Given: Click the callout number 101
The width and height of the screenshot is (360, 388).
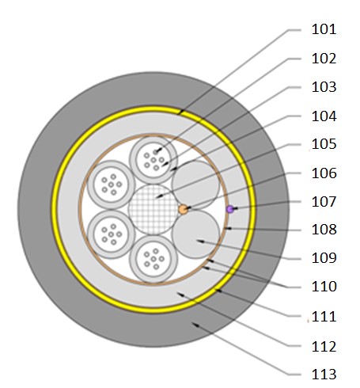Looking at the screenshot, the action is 324,29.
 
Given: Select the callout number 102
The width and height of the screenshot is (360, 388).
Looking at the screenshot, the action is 324,59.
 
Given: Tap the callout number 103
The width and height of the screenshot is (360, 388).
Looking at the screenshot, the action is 324,87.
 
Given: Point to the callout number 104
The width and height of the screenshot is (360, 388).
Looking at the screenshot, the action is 324,116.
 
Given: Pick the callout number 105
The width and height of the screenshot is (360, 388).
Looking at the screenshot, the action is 324,144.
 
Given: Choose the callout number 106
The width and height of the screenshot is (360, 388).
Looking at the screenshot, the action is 324,173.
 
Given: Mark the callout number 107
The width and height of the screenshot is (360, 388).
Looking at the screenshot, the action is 324,202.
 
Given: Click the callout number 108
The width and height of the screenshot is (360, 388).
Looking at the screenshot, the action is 324,230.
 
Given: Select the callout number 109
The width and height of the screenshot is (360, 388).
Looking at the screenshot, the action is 324,258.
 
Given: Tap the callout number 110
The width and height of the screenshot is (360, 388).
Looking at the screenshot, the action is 324,287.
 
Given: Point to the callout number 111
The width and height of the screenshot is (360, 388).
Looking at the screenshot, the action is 324,317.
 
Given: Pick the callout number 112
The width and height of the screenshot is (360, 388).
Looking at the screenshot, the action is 324,347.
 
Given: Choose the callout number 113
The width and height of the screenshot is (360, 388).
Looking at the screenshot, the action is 324,375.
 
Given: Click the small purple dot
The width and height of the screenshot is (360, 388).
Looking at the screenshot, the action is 230,209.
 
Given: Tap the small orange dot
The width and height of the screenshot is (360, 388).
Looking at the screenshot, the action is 183,210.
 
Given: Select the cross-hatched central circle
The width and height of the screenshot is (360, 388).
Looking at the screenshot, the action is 153,210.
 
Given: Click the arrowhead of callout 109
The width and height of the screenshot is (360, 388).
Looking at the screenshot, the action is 200,242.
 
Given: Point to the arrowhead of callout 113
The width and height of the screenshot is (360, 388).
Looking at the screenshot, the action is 195,325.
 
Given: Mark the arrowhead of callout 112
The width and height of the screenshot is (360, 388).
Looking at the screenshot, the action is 180,294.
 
